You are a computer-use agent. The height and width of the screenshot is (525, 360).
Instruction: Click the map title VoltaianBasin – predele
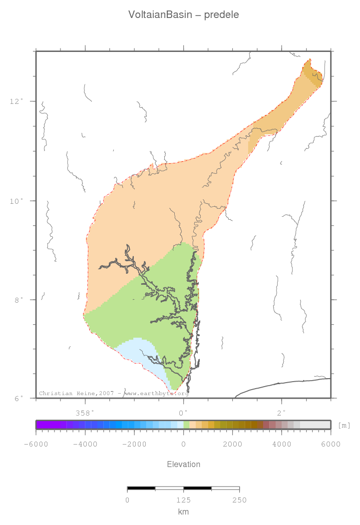[x=183, y=15]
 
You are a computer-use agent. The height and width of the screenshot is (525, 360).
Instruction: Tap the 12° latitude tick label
[x=16, y=101]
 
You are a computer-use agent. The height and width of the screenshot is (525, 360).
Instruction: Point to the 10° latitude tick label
[x=16, y=201]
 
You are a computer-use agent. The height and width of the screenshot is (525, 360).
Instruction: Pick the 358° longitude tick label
[x=85, y=413]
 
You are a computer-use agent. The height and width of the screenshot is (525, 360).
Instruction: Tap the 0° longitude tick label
[x=183, y=413]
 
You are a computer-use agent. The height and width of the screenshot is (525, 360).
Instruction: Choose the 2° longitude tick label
[x=282, y=413]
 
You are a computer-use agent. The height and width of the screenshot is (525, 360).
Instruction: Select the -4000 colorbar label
[x=85, y=444]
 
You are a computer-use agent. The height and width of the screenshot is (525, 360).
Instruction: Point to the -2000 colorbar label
[x=134, y=444]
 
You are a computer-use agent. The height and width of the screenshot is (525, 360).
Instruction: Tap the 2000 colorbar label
[x=232, y=444]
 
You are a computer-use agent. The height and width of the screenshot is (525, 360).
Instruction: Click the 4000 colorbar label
[x=282, y=444]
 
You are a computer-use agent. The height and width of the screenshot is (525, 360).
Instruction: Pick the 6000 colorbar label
[x=330, y=444]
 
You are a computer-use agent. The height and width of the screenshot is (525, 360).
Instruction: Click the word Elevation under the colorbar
[x=183, y=464]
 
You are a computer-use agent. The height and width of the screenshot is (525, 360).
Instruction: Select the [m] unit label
[x=344, y=425]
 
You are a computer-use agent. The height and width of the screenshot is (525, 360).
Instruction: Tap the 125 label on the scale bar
[x=183, y=500]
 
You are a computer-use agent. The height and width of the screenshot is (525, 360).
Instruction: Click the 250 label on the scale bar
[x=239, y=500]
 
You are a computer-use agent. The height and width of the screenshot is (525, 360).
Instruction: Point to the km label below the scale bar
[x=183, y=512]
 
